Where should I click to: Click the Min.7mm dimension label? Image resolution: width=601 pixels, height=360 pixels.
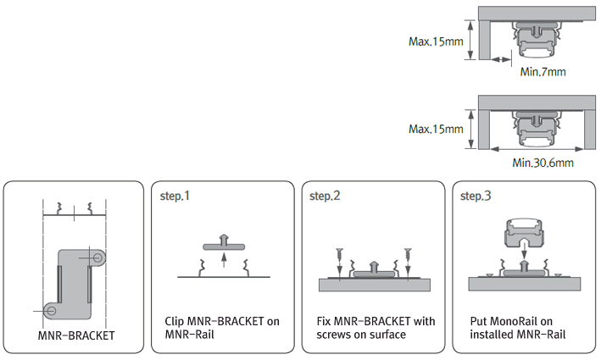(543, 72)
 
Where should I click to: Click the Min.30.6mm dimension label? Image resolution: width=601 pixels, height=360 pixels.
(543, 162)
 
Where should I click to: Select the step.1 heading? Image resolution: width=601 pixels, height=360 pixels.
(175, 197)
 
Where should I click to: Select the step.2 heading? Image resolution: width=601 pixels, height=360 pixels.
(325, 197)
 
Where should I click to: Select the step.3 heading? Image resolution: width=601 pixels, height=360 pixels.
(476, 197)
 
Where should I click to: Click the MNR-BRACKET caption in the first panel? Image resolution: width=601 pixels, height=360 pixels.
(76, 335)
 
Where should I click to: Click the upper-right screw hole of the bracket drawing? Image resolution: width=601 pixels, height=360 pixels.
(100, 256)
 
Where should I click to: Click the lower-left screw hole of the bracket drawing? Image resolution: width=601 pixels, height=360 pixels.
(48, 308)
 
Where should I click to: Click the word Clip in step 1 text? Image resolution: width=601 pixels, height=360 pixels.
(175, 321)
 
